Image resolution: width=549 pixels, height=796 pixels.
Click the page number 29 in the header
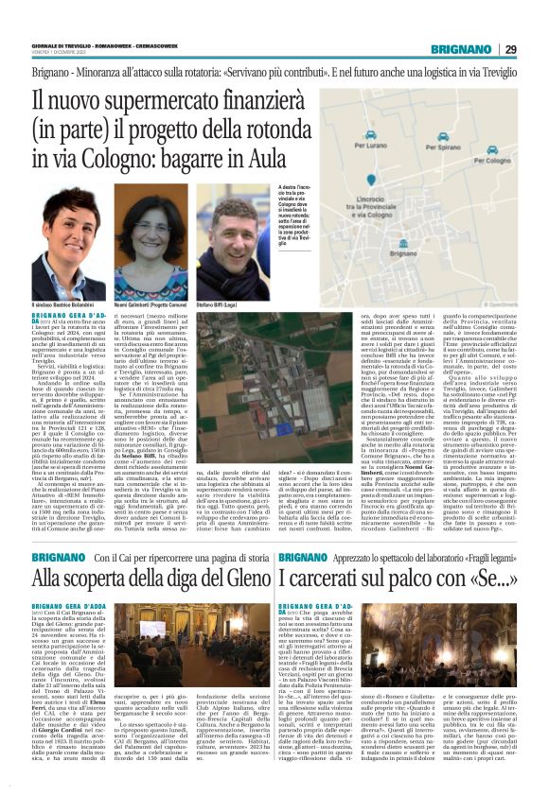point(509,49)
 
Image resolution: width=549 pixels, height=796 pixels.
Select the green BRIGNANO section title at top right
point(462,49)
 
